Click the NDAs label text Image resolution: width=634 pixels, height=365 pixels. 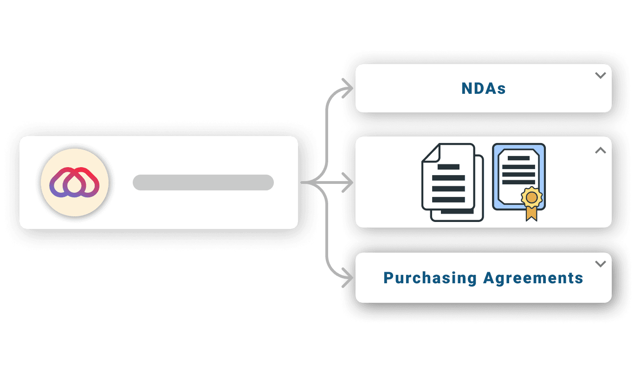tap(483, 89)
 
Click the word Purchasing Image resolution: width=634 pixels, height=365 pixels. tap(430, 278)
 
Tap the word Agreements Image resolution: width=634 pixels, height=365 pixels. tap(533, 278)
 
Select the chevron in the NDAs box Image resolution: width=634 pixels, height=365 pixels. tap(601, 75)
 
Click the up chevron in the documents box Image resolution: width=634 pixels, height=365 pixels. tap(601, 150)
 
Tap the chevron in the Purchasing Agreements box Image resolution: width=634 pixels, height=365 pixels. tap(601, 264)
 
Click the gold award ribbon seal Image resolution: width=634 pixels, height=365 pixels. tap(531, 197)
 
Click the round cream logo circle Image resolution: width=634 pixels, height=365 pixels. tap(75, 182)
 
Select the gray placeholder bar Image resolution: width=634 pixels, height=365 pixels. tap(203, 182)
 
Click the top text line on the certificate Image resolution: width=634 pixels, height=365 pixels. tap(518, 158)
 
